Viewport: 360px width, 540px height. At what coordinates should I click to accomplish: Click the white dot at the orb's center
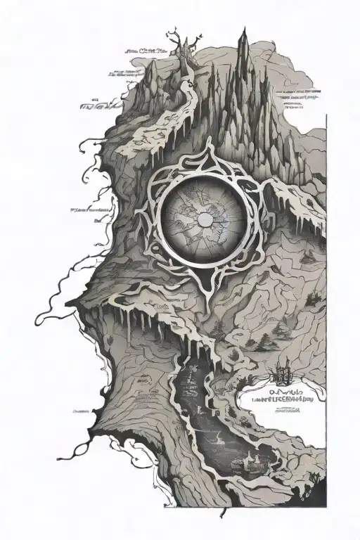[x=203, y=219]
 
